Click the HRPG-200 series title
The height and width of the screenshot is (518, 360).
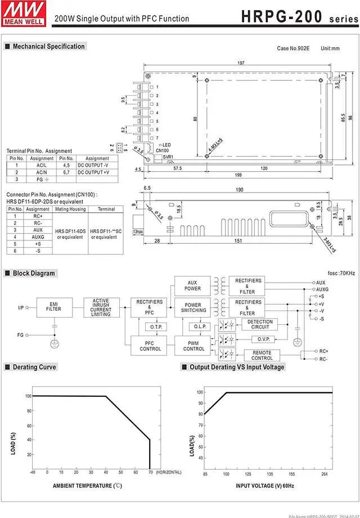(x=298, y=16)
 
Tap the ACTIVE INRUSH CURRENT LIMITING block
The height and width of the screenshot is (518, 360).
(x=101, y=307)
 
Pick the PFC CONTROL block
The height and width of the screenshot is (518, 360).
(x=149, y=345)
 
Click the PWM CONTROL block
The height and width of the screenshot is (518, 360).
(x=194, y=345)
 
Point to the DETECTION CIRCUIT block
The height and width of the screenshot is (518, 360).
(x=260, y=324)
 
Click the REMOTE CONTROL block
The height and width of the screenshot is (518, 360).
(x=262, y=355)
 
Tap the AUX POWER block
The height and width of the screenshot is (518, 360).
(x=192, y=285)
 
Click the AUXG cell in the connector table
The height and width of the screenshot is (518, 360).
(x=38, y=236)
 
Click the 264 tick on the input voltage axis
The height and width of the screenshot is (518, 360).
(x=324, y=475)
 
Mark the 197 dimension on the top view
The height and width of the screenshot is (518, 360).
(x=241, y=62)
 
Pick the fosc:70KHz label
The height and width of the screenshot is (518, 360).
(x=341, y=273)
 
